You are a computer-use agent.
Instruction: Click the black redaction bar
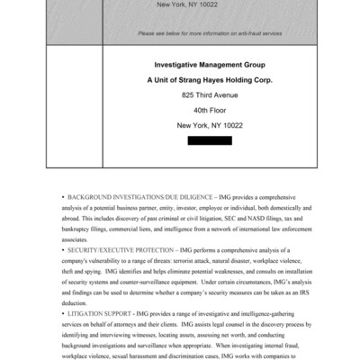[210, 140]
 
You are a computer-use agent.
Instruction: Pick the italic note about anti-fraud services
[210, 33]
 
